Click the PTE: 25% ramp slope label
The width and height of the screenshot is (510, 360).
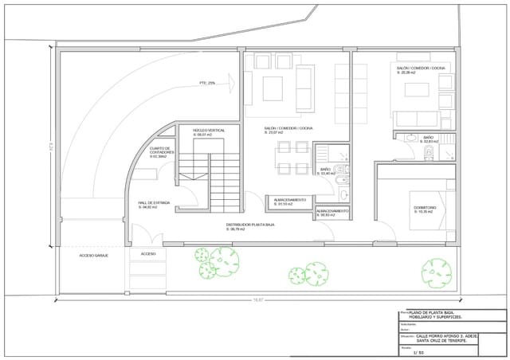click(x=207, y=83)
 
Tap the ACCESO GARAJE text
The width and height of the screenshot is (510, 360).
click(x=93, y=255)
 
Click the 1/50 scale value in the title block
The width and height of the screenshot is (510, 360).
click(x=419, y=353)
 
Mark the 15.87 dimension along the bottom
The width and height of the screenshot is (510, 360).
click(x=257, y=299)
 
